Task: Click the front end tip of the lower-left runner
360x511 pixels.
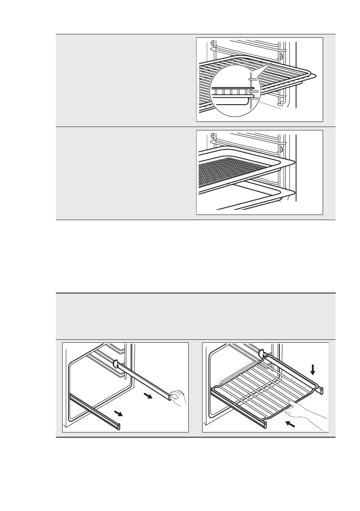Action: (119, 426)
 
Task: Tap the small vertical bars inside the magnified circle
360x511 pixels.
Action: (232, 91)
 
